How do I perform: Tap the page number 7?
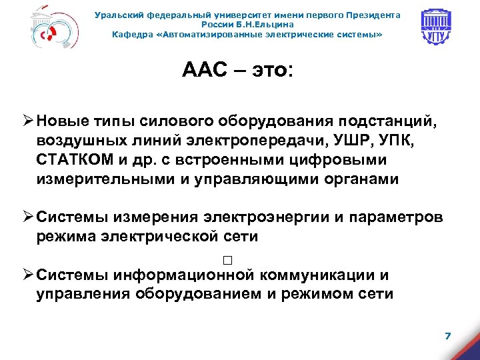click(447, 335)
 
